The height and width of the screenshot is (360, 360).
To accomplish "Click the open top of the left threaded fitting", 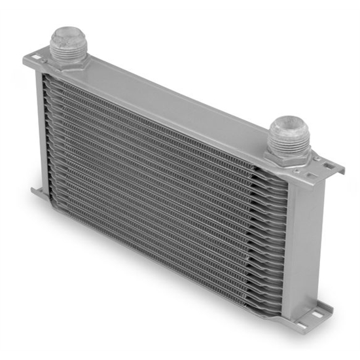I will pos(67,34).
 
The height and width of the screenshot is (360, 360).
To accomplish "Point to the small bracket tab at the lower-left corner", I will pos(37,192).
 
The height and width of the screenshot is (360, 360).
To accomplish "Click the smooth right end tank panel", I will pos(303,242).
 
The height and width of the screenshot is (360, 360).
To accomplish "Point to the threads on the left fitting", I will pos(67,46).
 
